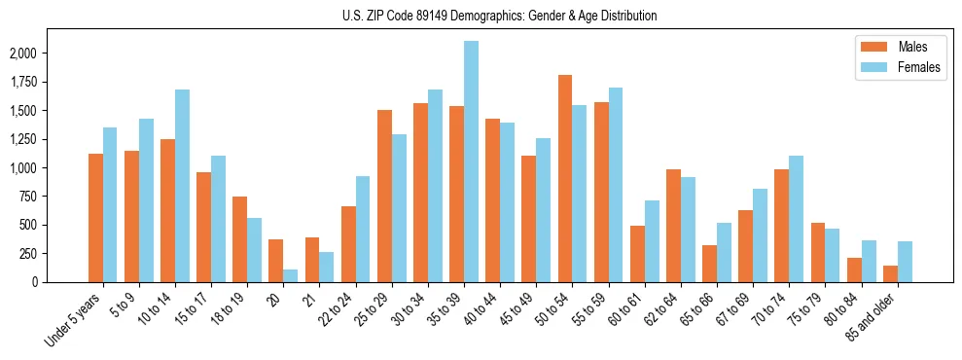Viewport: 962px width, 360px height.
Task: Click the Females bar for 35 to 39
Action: [x=471, y=162]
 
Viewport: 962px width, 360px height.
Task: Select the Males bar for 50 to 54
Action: [x=565, y=178]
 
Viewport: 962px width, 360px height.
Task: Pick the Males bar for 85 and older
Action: [x=890, y=273]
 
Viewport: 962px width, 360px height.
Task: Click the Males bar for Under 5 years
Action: [x=95, y=218]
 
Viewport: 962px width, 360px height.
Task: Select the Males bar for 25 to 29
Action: [x=384, y=196]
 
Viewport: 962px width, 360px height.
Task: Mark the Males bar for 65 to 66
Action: [x=709, y=264]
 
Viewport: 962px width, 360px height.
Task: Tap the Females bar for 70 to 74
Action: [x=797, y=219]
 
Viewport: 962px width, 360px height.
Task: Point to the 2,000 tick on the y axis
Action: [x=38, y=54]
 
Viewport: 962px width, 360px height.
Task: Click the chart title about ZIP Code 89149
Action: [x=499, y=16]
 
